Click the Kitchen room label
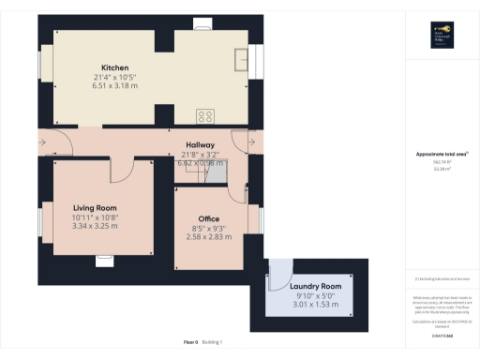[114, 67]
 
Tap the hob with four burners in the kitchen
[205, 116]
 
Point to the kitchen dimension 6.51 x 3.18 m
[114, 86]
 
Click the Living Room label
[94, 207]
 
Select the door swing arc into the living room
[122, 172]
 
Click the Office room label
[208, 219]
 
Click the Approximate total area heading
[441, 154]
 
